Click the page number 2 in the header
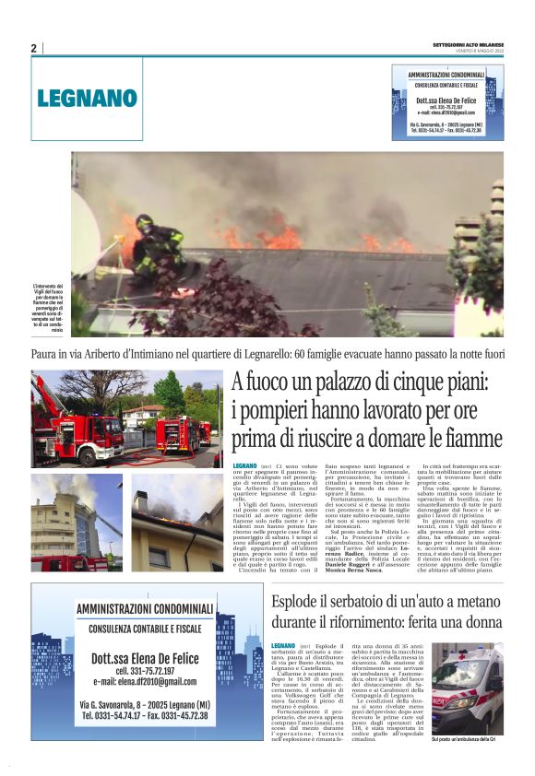click(33, 48)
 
